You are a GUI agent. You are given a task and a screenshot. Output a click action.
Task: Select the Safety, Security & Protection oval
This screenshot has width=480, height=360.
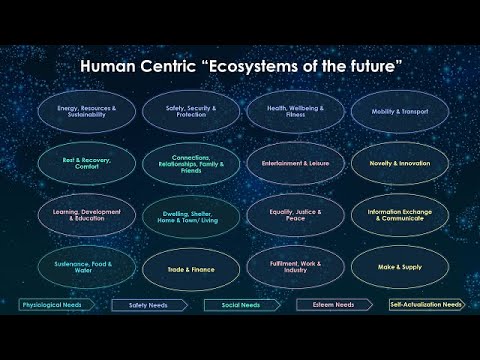click(x=191, y=112)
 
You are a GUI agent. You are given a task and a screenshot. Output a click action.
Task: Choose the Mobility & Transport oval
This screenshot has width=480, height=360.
click(x=399, y=112)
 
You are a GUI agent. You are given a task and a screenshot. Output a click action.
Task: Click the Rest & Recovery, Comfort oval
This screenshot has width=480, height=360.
click(x=88, y=163)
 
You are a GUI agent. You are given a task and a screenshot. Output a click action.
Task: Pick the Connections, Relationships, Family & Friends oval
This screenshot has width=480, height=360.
click(x=191, y=163)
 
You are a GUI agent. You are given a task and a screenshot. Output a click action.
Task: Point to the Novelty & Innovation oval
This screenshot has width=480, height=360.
click(x=399, y=163)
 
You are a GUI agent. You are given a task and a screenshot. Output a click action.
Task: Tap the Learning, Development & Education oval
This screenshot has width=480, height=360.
click(x=88, y=215)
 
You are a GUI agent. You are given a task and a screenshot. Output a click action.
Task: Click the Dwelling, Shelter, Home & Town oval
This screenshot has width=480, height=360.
click(x=191, y=215)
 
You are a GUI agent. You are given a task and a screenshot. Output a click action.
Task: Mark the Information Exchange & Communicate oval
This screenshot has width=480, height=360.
click(x=399, y=215)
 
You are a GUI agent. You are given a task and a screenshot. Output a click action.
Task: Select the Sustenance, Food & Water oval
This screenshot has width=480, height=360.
click(x=88, y=267)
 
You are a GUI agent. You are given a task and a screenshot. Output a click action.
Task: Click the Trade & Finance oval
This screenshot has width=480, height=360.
click(x=191, y=267)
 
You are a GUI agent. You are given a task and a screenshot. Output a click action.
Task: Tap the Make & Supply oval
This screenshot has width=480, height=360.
click(x=399, y=267)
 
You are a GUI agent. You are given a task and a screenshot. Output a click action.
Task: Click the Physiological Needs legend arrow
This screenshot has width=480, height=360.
click(x=53, y=304)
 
